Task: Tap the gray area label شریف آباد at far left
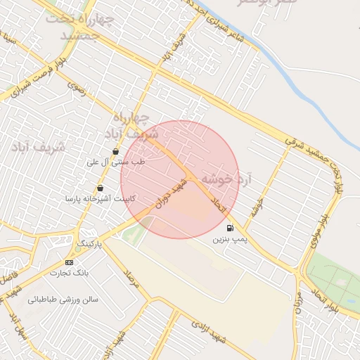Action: click(x=38, y=147)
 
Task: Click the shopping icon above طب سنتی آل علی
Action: click(x=115, y=151)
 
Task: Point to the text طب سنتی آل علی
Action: click(x=115, y=162)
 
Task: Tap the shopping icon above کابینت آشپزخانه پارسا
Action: click(x=101, y=188)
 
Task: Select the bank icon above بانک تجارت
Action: click(x=68, y=262)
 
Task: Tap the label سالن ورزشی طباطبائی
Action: click(x=63, y=300)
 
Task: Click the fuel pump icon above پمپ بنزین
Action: click(x=230, y=228)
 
